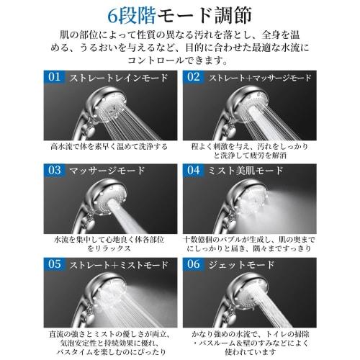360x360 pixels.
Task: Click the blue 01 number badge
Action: tap(54, 77)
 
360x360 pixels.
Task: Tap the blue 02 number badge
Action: tap(194, 77)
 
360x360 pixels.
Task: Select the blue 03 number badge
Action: tap(54, 171)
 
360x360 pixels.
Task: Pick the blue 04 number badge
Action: tap(194, 171)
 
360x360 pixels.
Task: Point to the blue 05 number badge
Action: tap(54, 264)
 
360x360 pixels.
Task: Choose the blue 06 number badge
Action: tap(194, 264)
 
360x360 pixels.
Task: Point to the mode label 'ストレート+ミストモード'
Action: tap(115, 264)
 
